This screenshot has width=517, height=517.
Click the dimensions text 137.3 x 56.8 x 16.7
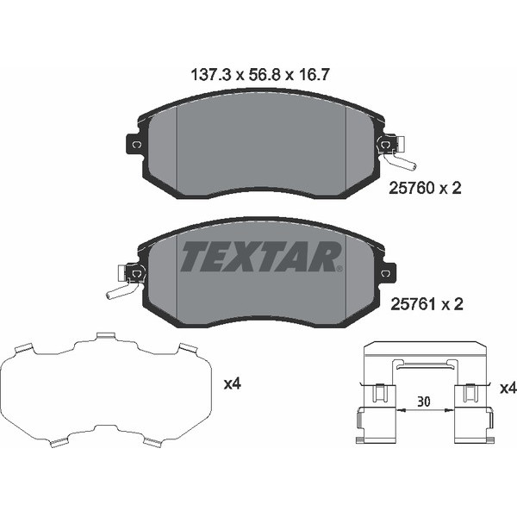(x=258, y=75)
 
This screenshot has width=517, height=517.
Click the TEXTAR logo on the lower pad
(x=261, y=256)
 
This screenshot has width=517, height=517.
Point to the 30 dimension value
(x=422, y=401)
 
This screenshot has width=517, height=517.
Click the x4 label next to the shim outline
(x=232, y=384)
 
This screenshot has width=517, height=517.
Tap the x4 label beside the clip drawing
(x=508, y=389)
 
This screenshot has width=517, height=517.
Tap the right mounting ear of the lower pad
(x=385, y=274)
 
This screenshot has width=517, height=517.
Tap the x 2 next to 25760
(x=451, y=189)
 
